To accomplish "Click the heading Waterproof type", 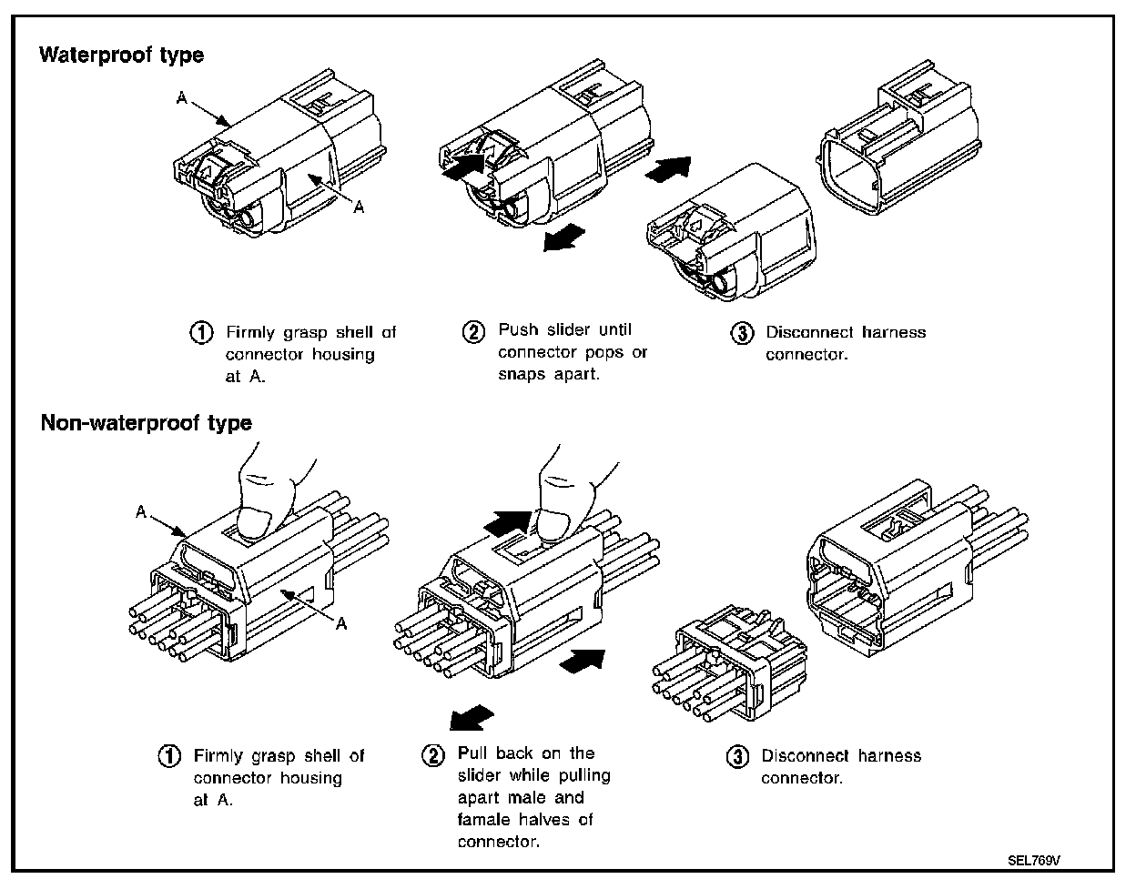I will click(121, 56).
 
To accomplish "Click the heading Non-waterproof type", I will click(146, 423).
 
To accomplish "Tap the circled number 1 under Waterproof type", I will click(201, 332).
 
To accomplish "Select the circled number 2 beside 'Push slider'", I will click(473, 331).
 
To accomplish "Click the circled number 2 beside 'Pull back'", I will click(433, 754).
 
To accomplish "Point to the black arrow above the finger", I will click(507, 521).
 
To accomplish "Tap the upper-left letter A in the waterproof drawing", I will click(182, 98).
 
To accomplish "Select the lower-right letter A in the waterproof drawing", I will click(360, 208).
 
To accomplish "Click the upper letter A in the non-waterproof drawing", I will click(141, 512).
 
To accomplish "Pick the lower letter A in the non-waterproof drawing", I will click(342, 623).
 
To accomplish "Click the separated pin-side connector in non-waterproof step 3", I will click(728, 664).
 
